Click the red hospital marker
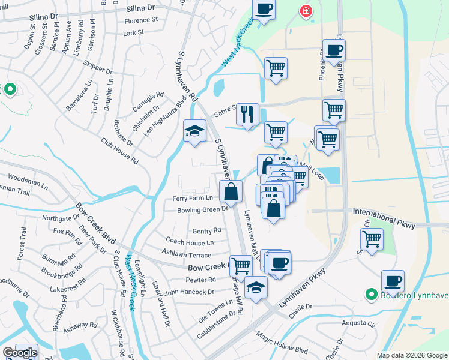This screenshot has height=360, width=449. tap(306, 11)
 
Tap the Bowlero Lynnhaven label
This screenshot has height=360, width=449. tap(414, 295)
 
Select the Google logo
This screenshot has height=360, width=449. tap(19, 353)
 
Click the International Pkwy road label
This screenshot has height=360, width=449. tap(384, 212)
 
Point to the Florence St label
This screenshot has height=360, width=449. tap(140, 20)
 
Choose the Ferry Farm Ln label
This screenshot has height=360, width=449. tap(193, 198)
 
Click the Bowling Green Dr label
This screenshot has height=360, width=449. tap(202, 210)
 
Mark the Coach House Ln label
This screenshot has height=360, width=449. tap(190, 243)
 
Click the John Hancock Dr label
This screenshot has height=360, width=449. tap(189, 292)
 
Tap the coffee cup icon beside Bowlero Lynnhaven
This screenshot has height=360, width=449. tap(393, 281)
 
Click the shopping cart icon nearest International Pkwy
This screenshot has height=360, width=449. tap(372, 239)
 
